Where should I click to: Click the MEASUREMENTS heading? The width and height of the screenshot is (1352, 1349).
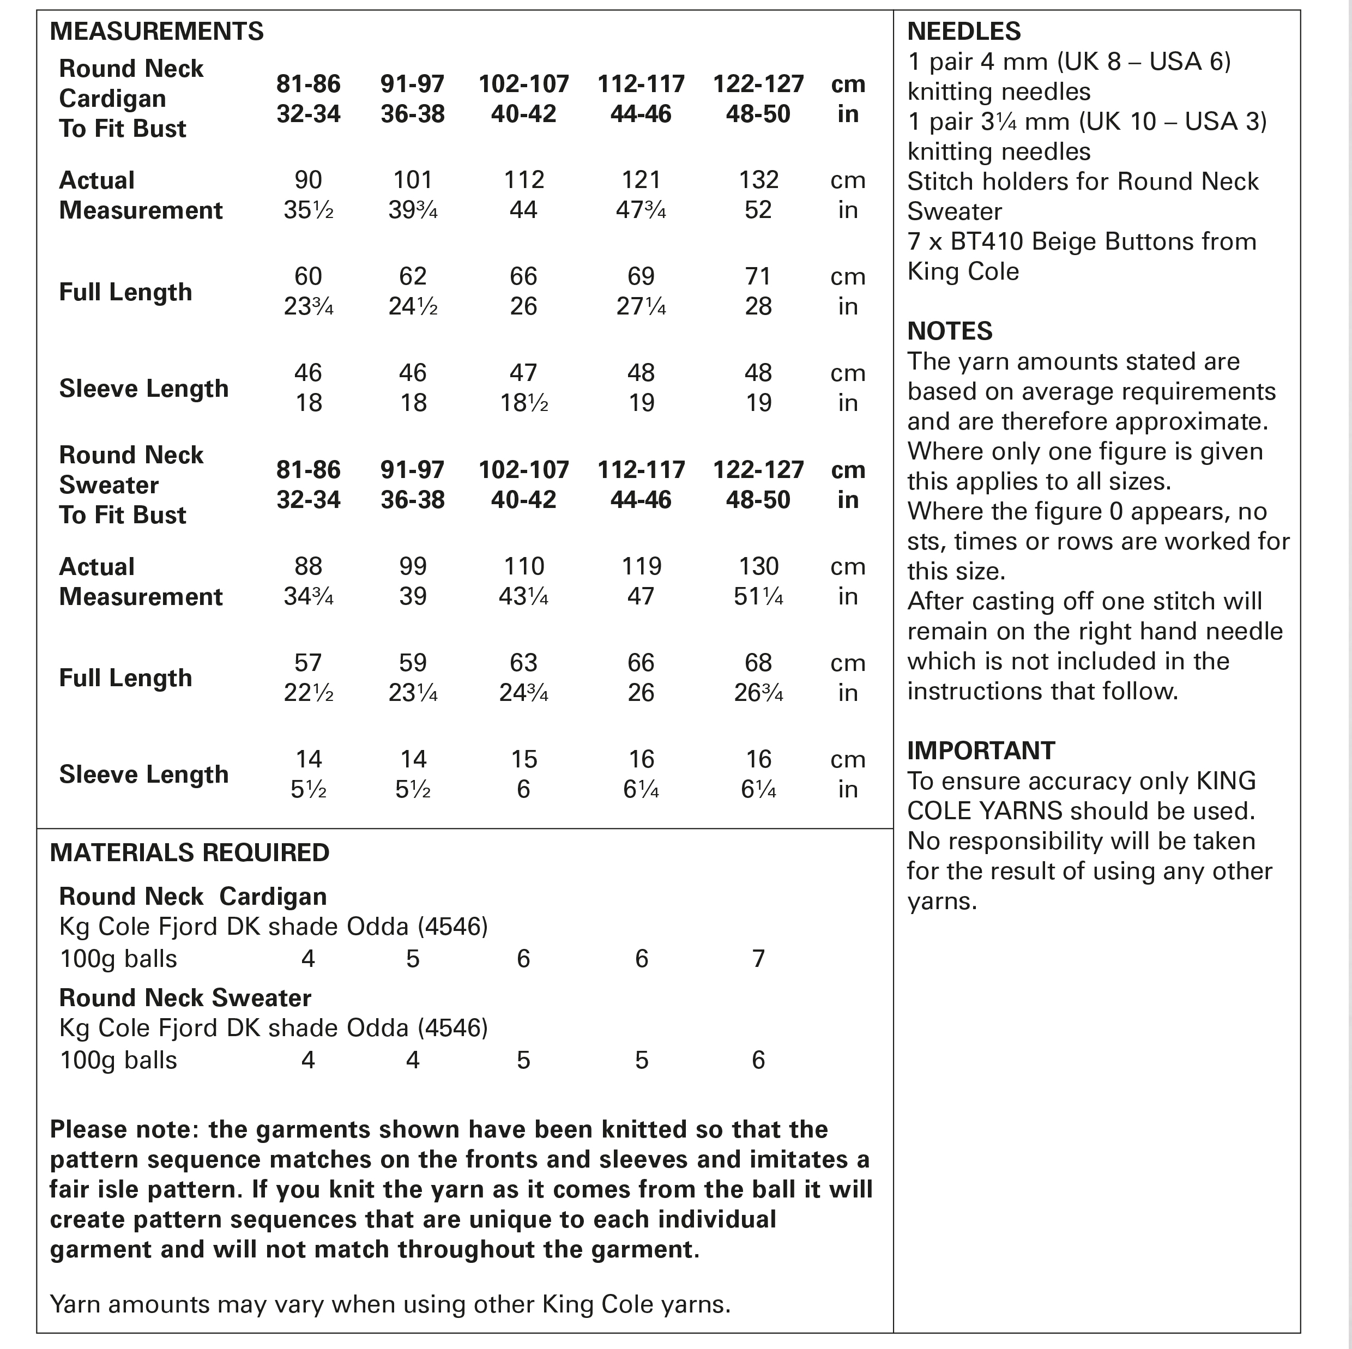click(157, 32)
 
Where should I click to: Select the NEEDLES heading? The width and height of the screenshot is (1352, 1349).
click(964, 32)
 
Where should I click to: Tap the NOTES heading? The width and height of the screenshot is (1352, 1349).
click(950, 331)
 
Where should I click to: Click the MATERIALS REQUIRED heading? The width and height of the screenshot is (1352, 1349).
click(190, 853)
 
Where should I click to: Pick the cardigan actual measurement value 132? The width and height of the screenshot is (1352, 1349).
click(758, 180)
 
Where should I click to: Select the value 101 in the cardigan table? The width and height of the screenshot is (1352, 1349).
click(413, 180)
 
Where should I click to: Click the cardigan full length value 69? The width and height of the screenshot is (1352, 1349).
click(641, 276)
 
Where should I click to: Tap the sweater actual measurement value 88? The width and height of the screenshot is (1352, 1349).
click(309, 566)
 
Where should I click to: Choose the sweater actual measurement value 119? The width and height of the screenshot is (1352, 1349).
click(641, 566)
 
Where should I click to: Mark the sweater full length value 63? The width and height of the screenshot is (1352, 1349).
click(523, 663)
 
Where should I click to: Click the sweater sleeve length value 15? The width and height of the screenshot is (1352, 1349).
click(523, 759)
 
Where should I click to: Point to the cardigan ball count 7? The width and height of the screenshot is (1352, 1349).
click(758, 959)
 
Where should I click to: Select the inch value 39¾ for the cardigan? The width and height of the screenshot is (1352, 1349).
click(413, 210)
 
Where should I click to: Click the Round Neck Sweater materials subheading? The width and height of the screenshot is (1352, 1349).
click(185, 998)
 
